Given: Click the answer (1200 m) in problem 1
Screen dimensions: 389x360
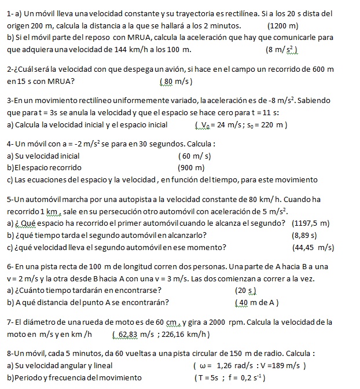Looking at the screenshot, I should pos(283,26).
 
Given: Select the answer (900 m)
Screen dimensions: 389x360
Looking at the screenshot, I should pos(192,168).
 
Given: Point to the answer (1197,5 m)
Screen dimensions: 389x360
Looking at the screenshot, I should pos(311,223).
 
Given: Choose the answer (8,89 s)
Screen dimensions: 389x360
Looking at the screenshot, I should pos(305,236).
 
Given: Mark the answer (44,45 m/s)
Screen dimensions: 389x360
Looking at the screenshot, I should pos(314,248).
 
